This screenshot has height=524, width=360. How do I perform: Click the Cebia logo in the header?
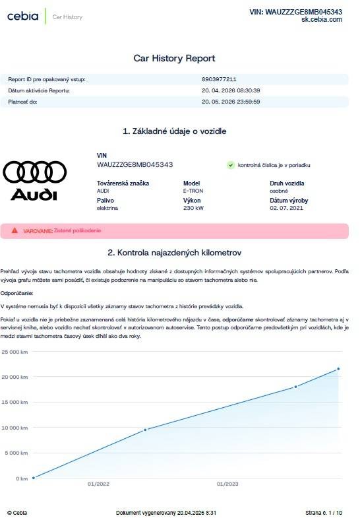point(23,16)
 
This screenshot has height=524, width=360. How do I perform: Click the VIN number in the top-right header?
point(295,12)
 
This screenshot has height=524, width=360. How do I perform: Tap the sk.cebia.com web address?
point(322,20)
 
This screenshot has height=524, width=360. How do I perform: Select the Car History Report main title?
point(174,58)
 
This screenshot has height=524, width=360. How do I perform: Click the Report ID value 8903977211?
point(219,79)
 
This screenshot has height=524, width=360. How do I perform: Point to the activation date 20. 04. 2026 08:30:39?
point(231,90)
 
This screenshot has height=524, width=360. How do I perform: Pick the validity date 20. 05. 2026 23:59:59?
point(231,102)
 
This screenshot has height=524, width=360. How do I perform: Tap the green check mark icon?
point(231,165)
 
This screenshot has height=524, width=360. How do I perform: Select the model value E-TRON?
point(193,190)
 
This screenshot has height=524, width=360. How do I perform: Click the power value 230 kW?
point(193,207)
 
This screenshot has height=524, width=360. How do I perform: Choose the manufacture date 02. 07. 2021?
point(286,207)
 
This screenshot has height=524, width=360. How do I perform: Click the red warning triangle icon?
point(15,230)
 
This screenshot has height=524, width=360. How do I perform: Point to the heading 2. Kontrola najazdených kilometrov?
point(175,252)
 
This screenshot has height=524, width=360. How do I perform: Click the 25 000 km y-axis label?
point(15,352)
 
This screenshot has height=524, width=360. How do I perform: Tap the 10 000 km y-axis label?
point(15,428)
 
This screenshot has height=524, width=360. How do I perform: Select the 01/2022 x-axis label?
point(98,484)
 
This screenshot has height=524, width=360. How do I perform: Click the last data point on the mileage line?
point(338,369)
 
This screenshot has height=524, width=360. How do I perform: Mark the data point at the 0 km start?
point(34,478)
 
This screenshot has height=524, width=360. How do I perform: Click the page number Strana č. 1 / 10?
point(324,513)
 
